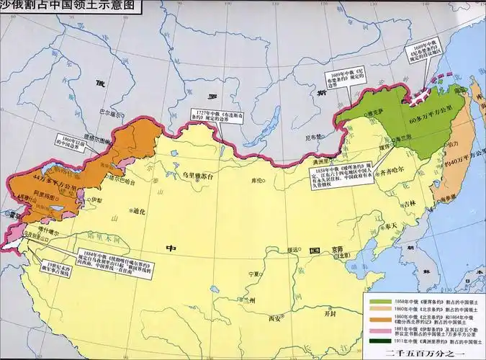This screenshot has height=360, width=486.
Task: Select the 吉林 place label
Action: point(410,204)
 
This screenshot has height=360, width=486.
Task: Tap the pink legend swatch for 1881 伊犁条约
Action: point(377,331)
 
